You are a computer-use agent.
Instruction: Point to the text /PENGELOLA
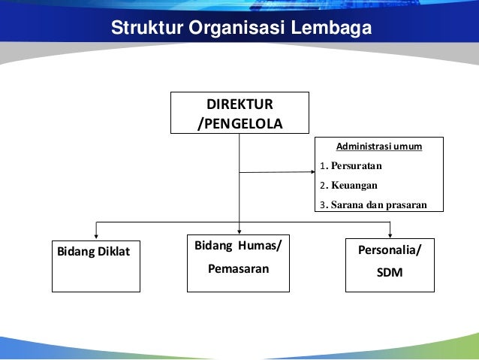pyautogui.click(x=239, y=123)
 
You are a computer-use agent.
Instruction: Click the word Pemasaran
pyautogui.click(x=239, y=266)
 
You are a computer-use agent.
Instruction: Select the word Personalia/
pyautogui.click(x=390, y=249)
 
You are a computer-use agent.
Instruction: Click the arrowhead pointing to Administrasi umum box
pyautogui.click(x=311, y=172)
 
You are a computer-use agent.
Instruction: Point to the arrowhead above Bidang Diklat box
pyautogui.click(x=95, y=236)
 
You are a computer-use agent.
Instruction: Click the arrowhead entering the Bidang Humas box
pyautogui.click(x=239, y=231)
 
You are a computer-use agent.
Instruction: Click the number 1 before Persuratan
pyautogui.click(x=322, y=165)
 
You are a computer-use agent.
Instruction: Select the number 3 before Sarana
pyautogui.click(x=322, y=204)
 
